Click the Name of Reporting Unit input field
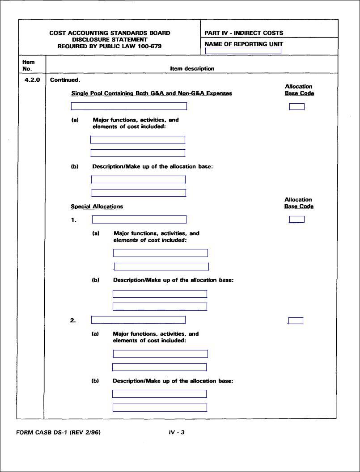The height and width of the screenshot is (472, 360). pyautogui.click(x=243, y=51)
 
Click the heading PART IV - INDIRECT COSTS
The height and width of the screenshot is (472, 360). pyautogui.click(x=244, y=33)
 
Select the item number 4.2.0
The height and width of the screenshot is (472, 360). pyautogui.click(x=32, y=80)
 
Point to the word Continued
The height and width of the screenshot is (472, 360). pyautogui.click(x=65, y=80)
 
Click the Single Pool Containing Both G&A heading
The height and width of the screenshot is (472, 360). pyautogui.click(x=152, y=93)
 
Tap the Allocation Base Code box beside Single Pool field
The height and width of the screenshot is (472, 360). pyautogui.click(x=296, y=106)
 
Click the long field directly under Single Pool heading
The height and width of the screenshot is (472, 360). pyautogui.click(x=129, y=106)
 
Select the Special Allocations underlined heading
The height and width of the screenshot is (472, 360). pyautogui.click(x=97, y=206)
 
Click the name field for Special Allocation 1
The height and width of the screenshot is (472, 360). pyautogui.click(x=139, y=219)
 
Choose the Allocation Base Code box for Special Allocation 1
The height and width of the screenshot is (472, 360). pyautogui.click(x=296, y=219)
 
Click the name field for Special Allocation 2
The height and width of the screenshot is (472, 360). pyautogui.click(x=138, y=320)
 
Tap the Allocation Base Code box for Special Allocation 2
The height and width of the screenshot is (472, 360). pyautogui.click(x=296, y=320)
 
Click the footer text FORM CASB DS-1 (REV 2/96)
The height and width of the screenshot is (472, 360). pyautogui.click(x=58, y=432)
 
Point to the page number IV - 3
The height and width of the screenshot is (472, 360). pyautogui.click(x=177, y=432)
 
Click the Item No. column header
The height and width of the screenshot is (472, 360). pyautogui.click(x=28, y=65)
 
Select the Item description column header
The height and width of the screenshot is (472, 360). pyautogui.click(x=192, y=69)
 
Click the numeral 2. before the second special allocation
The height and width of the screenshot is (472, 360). pyautogui.click(x=73, y=320)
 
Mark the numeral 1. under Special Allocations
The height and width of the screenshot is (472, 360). pyautogui.click(x=73, y=220)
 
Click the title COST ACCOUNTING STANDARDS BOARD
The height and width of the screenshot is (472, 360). pyautogui.click(x=110, y=33)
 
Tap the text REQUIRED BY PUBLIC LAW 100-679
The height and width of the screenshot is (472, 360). pyautogui.click(x=110, y=46)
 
